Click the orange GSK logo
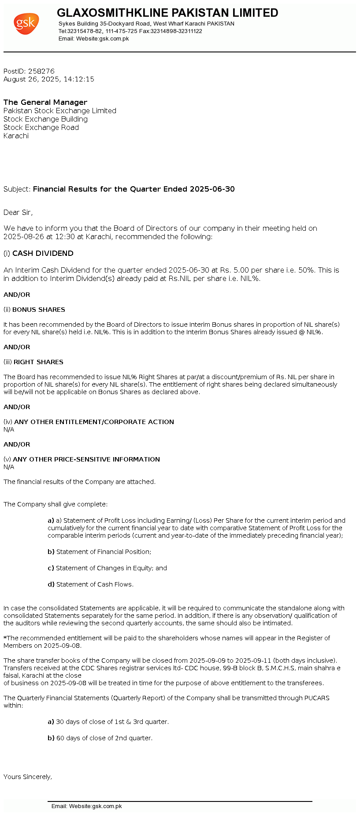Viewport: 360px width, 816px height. click(x=26, y=24)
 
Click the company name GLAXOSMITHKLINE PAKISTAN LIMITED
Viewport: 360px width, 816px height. click(x=167, y=13)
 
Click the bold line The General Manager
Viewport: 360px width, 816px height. click(x=45, y=102)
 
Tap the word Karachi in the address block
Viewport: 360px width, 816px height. click(x=16, y=136)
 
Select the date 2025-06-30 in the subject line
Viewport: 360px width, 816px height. click(x=212, y=189)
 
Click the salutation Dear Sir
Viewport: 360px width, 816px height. click(x=18, y=213)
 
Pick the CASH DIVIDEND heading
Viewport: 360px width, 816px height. click(x=43, y=254)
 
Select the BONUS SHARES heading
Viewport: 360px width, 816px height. click(x=39, y=310)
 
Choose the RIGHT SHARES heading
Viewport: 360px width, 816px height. click(x=38, y=362)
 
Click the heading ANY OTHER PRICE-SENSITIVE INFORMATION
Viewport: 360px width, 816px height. click(x=86, y=459)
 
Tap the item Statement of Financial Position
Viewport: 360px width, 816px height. click(x=104, y=552)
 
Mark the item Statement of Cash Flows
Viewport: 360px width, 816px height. click(x=95, y=584)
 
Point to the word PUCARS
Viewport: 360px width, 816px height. click(x=316, y=698)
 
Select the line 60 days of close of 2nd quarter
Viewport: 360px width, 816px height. click(x=104, y=738)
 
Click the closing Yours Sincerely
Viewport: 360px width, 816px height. click(x=28, y=777)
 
